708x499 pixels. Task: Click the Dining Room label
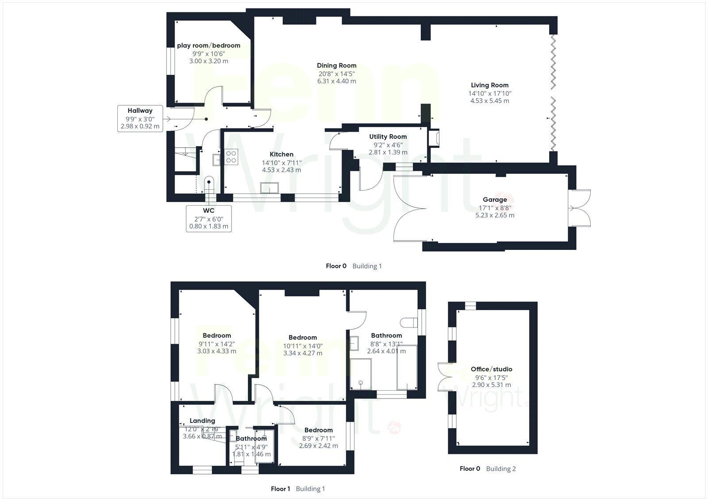coord(336,65)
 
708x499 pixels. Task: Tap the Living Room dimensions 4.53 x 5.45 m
coord(489,101)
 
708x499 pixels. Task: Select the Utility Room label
coord(388,137)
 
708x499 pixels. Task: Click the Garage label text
coord(495,200)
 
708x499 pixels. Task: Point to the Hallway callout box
coord(140,118)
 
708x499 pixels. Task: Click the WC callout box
coord(209,218)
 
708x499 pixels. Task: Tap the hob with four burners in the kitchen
coord(231,157)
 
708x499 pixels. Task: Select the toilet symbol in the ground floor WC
coord(209,184)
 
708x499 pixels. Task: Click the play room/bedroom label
coord(208,46)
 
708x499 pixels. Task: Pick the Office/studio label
coord(491,369)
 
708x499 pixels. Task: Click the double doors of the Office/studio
coord(444,377)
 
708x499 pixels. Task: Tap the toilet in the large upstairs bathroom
coord(407,322)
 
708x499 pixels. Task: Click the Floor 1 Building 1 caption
coord(298,489)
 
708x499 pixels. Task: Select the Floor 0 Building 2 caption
coord(488,468)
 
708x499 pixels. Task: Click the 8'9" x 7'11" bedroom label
coord(318,430)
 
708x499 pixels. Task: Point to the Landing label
coord(202,421)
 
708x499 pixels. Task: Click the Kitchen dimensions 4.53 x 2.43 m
coord(281,170)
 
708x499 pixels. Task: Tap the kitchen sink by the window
coord(269,188)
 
